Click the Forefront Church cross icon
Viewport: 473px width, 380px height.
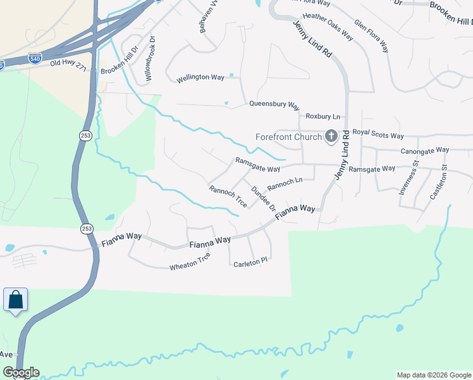pyautogui.click(x=331, y=136)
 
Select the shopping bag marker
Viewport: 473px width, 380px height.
pyautogui.click(x=15, y=300)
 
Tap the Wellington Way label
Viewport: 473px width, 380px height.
pyautogui.click(x=200, y=77)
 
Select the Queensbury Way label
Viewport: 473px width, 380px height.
pyautogui.click(x=274, y=104)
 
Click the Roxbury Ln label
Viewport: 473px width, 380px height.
pyautogui.click(x=322, y=117)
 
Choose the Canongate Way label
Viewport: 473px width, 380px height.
pyautogui.click(x=425, y=151)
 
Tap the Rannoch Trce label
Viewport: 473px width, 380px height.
pyautogui.click(x=228, y=197)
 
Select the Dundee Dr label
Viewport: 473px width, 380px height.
pyautogui.click(x=264, y=199)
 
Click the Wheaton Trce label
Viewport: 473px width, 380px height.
pyautogui.click(x=190, y=262)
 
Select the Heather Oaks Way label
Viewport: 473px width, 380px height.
pyautogui.click(x=328, y=25)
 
